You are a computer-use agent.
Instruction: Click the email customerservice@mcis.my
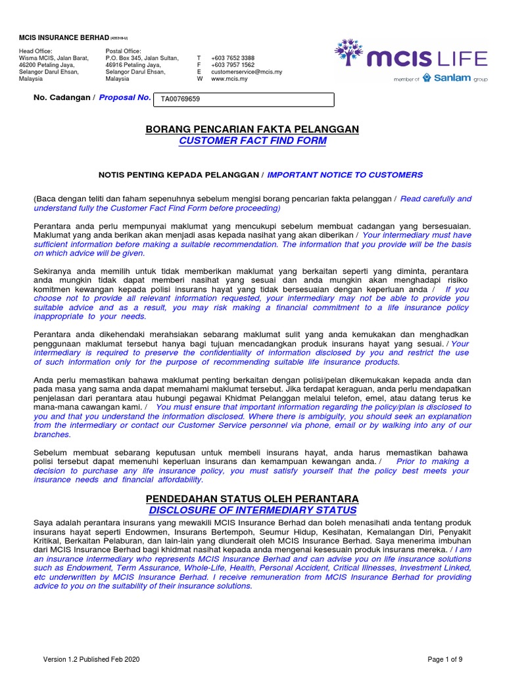click(x=246, y=72)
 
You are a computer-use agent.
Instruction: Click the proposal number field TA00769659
click(x=243, y=100)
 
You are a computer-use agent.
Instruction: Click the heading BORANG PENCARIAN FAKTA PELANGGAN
click(x=252, y=129)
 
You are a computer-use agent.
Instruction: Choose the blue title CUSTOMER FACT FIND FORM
click(x=252, y=141)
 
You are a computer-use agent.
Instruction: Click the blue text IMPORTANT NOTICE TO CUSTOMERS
click(x=345, y=175)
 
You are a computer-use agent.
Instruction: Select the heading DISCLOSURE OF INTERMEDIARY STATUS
click(x=252, y=510)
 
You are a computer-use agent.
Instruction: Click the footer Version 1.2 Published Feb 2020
click(x=91, y=659)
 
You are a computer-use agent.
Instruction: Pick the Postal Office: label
click(x=123, y=51)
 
